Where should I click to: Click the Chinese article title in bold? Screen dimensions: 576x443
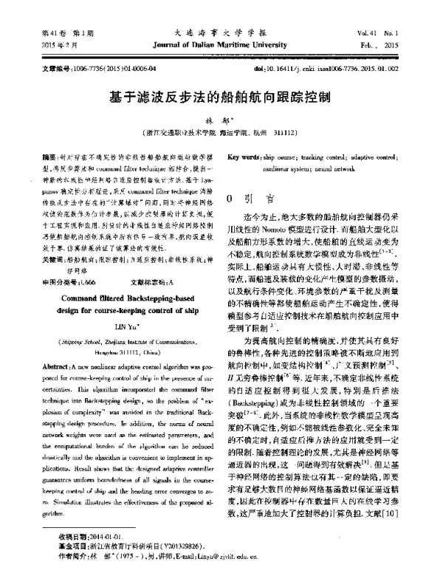click(221, 98)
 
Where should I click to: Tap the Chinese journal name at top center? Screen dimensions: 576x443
click(221, 33)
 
